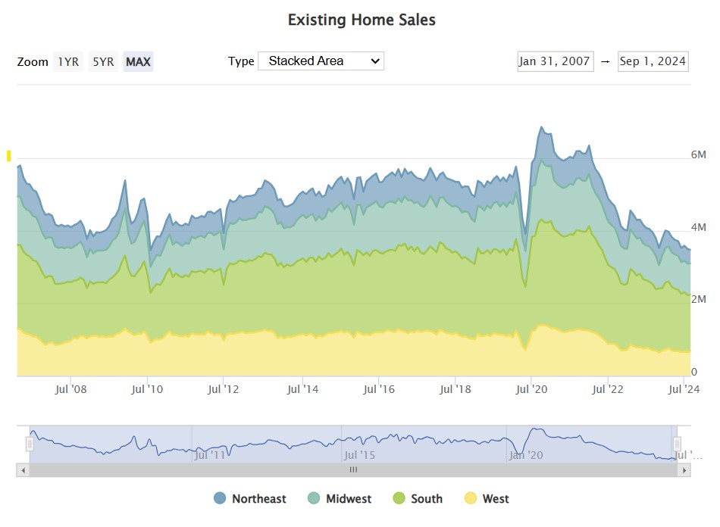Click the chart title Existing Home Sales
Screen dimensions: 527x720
362,20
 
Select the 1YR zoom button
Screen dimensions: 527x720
68,62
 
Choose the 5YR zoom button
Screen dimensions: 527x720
103,62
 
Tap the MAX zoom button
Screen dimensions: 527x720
139,62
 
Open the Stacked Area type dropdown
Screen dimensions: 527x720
321,61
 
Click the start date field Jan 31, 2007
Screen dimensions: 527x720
554,61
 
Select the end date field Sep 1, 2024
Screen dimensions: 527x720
653,61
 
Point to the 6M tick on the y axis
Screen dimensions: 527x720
698,154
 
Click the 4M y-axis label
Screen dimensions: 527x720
698,227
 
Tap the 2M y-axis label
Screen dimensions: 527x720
698,300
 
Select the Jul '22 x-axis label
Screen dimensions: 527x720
608,389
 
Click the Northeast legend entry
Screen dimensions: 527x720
250,498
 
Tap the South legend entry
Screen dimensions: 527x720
418,498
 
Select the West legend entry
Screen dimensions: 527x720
487,498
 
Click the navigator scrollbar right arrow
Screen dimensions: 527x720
684,470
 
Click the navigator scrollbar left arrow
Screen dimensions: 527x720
23,470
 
